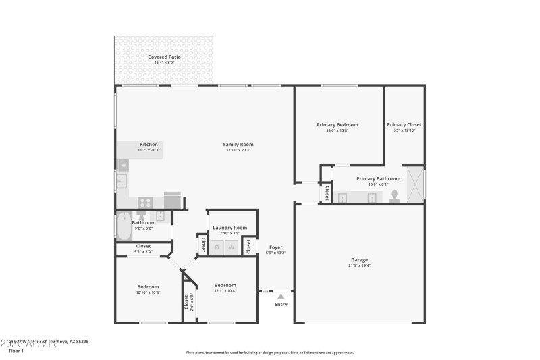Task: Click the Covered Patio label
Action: [165, 57]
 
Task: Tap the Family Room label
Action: [238, 144]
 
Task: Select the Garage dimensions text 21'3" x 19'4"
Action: [359, 265]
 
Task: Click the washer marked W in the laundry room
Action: [232, 248]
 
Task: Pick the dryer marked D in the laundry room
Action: [217, 248]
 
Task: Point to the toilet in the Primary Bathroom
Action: [395, 197]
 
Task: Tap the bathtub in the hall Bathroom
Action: [124, 227]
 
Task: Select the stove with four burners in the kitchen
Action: [145, 201]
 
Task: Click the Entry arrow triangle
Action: [281, 295]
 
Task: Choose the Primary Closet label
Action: [404, 124]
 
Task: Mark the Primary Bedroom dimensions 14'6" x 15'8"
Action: [337, 130]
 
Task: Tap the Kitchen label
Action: [148, 144]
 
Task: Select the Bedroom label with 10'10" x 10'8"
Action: [148, 286]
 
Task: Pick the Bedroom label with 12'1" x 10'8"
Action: [225, 285]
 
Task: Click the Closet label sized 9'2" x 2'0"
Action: [143, 246]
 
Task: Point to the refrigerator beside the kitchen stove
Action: [172, 201]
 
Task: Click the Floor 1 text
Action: [16, 351]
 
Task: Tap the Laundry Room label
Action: [230, 228]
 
